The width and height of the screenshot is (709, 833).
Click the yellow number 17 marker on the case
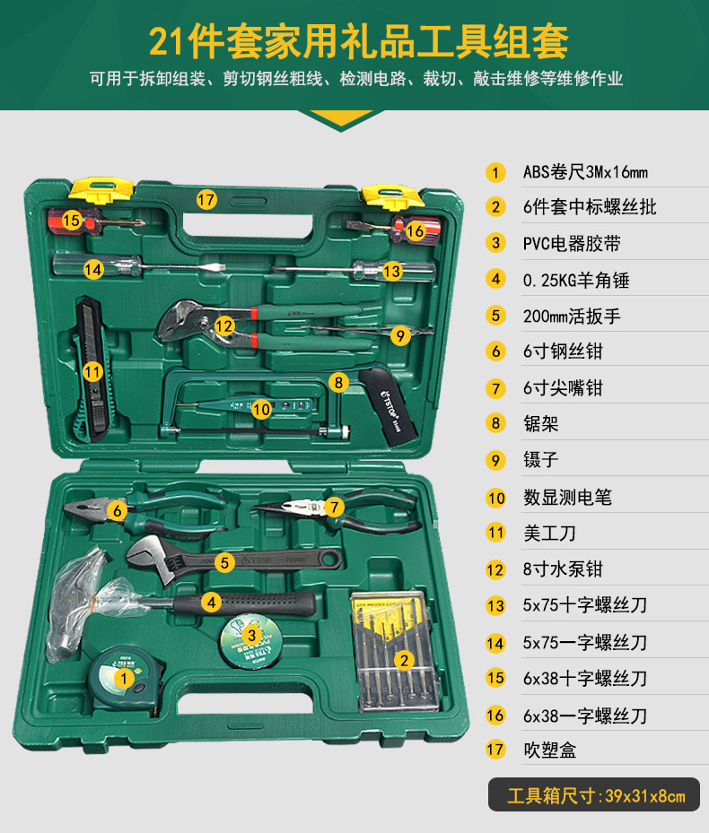click(207, 200)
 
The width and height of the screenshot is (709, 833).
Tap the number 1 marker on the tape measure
click(121, 679)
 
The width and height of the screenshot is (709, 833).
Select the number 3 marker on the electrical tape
click(252, 635)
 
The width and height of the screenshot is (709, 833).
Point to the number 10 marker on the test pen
click(261, 408)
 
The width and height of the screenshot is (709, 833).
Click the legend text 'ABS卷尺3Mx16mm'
click(584, 171)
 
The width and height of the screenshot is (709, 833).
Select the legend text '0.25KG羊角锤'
click(576, 280)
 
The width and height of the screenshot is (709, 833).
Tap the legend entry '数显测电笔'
click(567, 497)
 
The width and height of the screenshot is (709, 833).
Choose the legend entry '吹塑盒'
click(549, 750)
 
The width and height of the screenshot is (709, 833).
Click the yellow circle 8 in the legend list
click(495, 423)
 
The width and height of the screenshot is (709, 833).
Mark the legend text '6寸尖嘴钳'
click(563, 388)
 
